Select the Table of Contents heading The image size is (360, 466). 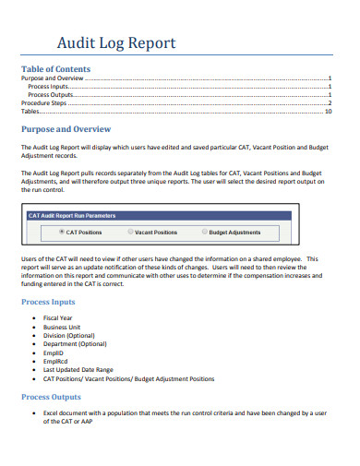[55, 69]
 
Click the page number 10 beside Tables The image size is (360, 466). [328, 111]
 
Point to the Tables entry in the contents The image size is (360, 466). [30, 111]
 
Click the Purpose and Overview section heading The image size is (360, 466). [66, 129]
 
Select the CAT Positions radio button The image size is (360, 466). [62, 233]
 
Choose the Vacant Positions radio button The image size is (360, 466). [130, 233]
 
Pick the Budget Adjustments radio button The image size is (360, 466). [204, 233]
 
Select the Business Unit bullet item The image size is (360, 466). [63, 327]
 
